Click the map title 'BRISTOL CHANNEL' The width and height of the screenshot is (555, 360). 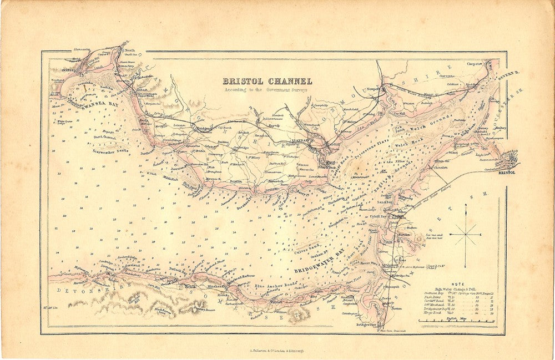(267, 81)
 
